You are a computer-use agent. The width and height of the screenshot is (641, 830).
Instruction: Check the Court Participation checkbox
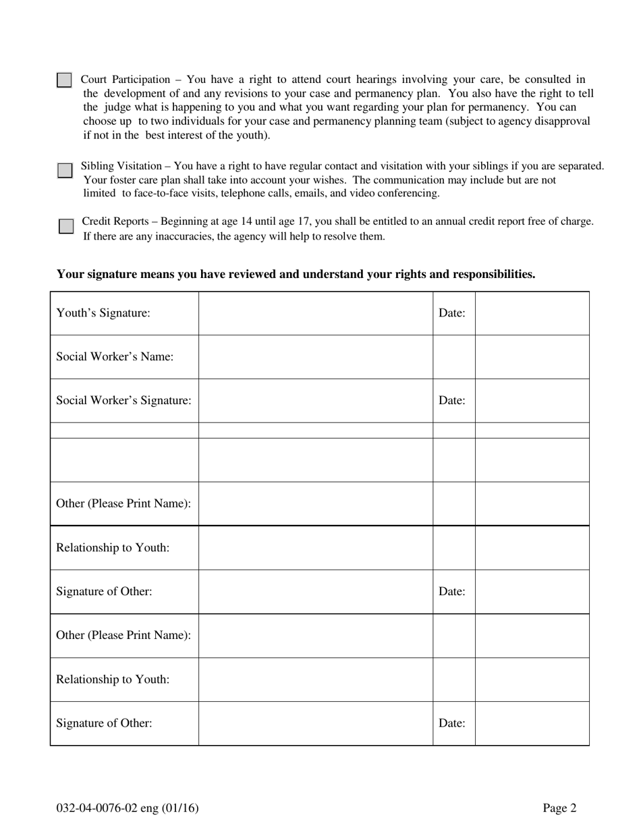tap(64, 80)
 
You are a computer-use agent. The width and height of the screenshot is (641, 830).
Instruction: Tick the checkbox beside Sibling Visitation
tap(65, 170)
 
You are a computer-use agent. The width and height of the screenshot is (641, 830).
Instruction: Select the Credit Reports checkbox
tap(65, 226)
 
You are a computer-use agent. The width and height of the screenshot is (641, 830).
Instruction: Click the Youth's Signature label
tap(103, 313)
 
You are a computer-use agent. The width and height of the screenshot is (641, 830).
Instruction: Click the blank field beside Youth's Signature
tap(315, 313)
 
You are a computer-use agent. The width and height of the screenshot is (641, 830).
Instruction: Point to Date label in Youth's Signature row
tap(452, 313)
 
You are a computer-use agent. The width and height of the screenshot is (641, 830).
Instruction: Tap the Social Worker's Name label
tap(115, 357)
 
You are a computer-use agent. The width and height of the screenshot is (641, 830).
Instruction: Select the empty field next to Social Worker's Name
tap(315, 357)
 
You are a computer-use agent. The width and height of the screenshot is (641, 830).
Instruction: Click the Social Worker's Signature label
tap(123, 400)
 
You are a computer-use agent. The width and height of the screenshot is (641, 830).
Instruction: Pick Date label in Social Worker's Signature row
tap(452, 400)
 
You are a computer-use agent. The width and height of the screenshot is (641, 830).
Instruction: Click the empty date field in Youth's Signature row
tap(532, 313)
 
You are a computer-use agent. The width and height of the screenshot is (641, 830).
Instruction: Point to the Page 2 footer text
tap(560, 808)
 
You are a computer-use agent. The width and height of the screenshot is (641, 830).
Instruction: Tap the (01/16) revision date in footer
tap(183, 808)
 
